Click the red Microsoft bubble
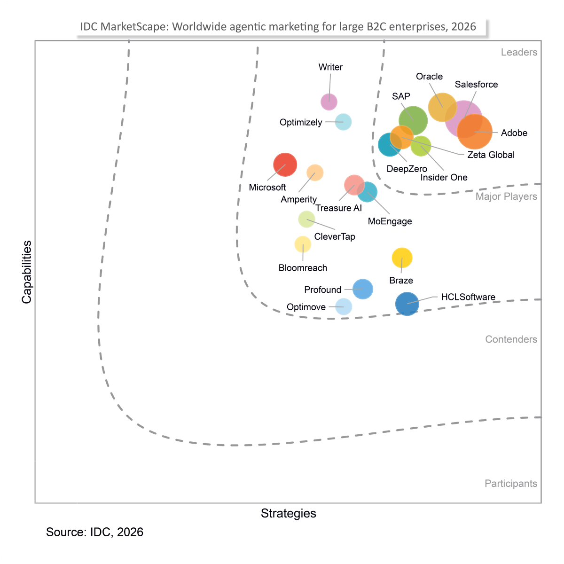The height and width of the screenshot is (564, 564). pyautogui.click(x=285, y=164)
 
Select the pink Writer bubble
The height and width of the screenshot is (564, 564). pyautogui.click(x=329, y=102)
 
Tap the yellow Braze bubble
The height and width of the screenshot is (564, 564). pyautogui.click(x=402, y=258)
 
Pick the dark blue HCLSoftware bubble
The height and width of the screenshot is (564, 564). pyautogui.click(x=407, y=304)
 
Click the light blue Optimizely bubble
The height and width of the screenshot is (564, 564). pyautogui.click(x=343, y=122)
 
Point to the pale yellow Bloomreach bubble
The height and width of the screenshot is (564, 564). pyautogui.click(x=302, y=244)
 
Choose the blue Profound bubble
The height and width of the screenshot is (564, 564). pyautogui.click(x=363, y=289)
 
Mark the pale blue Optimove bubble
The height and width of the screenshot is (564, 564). pyautogui.click(x=343, y=306)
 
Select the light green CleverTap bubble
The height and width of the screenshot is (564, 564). pyautogui.click(x=306, y=219)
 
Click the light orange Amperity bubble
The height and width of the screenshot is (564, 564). pyautogui.click(x=314, y=172)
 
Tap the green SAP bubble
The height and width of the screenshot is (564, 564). pyautogui.click(x=413, y=121)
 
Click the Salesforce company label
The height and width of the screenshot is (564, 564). pyautogui.click(x=476, y=84)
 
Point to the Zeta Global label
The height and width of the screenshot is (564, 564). pyautogui.click(x=491, y=155)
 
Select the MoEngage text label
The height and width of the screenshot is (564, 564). pyautogui.click(x=390, y=221)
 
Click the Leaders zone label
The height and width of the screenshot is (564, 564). pyautogui.click(x=518, y=52)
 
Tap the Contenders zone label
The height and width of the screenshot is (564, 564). pyautogui.click(x=511, y=339)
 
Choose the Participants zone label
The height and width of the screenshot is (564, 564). pyautogui.click(x=510, y=483)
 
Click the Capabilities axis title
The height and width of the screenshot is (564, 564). pyautogui.click(x=27, y=272)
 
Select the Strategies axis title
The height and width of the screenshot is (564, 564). pyautogui.click(x=288, y=513)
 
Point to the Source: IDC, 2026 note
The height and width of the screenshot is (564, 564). pyautogui.click(x=94, y=532)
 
